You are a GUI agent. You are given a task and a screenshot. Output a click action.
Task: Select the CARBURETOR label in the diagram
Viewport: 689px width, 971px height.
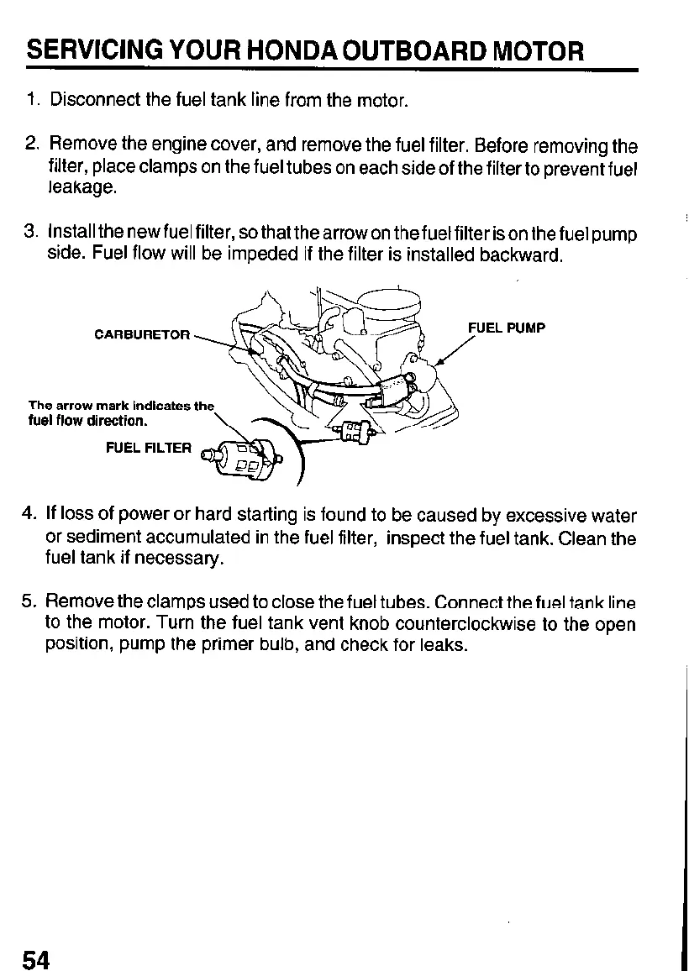click(x=142, y=335)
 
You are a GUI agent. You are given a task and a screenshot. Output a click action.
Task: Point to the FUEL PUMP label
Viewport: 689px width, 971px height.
click(x=507, y=328)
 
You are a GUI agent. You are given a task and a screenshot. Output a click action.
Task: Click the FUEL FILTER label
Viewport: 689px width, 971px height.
click(x=149, y=448)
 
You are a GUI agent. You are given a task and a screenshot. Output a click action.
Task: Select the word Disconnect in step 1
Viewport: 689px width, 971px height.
click(x=95, y=102)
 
